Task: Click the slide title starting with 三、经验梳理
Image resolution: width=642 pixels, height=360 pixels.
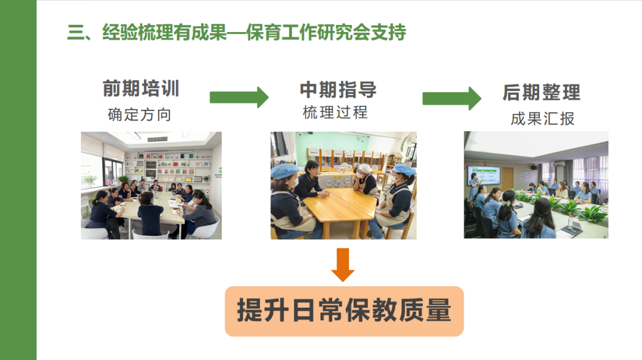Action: coord(237,32)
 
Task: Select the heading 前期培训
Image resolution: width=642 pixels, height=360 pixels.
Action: coord(141,89)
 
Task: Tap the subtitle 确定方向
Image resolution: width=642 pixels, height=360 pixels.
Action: coord(140,115)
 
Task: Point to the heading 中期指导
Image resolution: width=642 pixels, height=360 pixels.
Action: coord(338,90)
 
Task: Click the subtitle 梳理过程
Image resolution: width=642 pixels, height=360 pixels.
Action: coord(335,112)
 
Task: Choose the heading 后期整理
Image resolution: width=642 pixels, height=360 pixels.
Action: coord(542,92)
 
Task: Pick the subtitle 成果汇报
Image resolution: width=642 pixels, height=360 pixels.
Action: coord(543,119)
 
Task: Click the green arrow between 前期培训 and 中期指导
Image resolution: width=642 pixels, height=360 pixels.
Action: coord(239,97)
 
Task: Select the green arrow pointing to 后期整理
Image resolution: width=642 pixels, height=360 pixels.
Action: coord(452,98)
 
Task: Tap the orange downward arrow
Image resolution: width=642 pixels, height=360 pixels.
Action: coord(343,265)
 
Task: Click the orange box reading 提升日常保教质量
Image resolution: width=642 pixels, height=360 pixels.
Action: coord(344,311)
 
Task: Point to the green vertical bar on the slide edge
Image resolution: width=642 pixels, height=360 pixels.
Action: coord(18,180)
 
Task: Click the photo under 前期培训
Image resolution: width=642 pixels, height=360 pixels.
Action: coord(151,185)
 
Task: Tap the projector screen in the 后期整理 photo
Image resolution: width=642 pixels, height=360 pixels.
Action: coord(484,175)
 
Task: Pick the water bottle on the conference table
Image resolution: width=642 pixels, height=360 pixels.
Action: coord(570,222)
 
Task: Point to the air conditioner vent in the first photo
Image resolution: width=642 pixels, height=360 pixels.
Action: coord(157,139)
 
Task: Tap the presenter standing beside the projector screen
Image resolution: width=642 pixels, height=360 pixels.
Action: coord(474,186)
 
